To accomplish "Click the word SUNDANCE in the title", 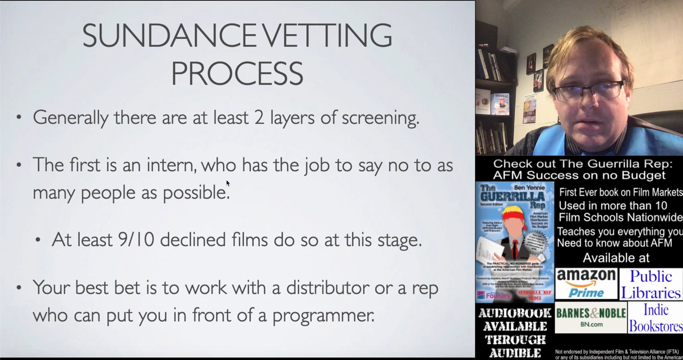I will (169, 35).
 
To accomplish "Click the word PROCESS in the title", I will (237, 74).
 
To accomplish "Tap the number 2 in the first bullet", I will (259, 118).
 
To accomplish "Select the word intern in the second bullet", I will (171, 165).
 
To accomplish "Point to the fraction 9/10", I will (136, 240).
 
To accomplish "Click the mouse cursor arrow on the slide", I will (228, 183).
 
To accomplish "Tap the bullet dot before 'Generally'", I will (19, 117).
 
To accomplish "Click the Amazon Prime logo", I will (586, 284).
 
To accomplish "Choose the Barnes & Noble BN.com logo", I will (591, 317).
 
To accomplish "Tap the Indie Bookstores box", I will (655, 318).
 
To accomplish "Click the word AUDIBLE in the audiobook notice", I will (515, 353).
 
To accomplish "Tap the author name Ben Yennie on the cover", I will (529, 187).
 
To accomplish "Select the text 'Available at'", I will (616, 258).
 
